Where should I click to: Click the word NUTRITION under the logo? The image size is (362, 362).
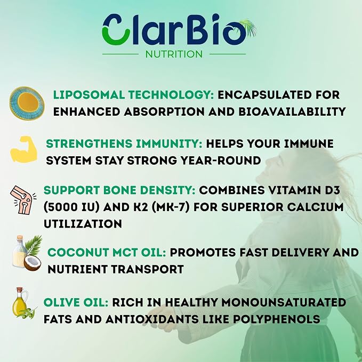pos(174,54)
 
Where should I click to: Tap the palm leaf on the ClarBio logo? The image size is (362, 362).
pos(248,28)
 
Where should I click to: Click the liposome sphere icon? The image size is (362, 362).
pos(27,103)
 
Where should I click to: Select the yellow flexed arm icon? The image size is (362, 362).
pos(24,149)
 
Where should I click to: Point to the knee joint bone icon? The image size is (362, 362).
pos(23,200)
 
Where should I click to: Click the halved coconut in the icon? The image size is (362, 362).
pos(33,264)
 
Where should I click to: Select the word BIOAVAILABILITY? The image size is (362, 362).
pos(292,112)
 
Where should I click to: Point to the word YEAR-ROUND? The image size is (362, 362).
pos(221,160)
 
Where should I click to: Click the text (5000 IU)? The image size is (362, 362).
pos(71,207)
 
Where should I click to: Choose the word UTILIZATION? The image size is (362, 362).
pos(83,224)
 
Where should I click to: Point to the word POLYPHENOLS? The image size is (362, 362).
pos(276,319)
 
